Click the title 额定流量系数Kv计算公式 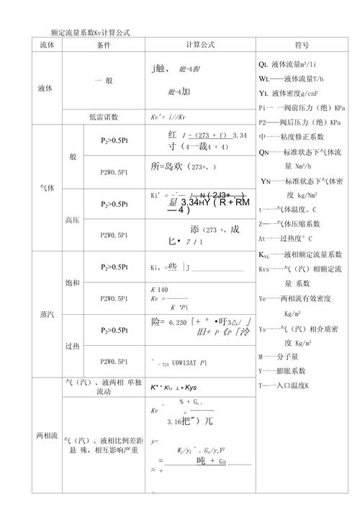[90, 32]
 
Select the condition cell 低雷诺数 [104, 117]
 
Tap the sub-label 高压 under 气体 [72, 219]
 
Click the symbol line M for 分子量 [282, 357]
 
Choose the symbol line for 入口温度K [284, 385]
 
